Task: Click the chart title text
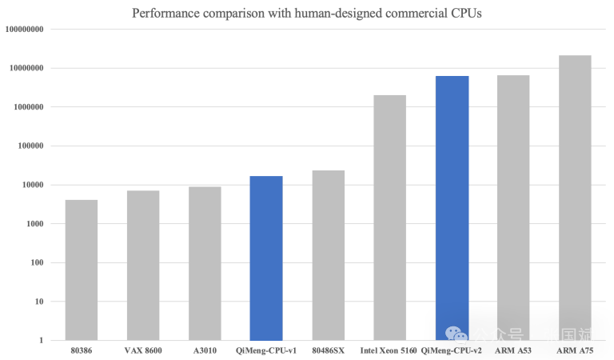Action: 307,13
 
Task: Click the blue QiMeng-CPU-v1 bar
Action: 266,258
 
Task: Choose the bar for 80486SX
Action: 328,255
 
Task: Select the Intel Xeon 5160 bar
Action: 389,217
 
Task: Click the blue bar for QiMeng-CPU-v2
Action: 452,207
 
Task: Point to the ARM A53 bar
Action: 513,207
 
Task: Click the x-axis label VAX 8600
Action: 143,350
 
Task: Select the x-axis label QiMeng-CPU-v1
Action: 266,350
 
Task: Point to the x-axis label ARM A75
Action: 575,350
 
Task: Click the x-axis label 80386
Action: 82,350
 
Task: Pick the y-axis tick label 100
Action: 37,263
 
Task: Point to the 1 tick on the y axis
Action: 41,341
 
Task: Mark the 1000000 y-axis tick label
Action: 28,107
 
